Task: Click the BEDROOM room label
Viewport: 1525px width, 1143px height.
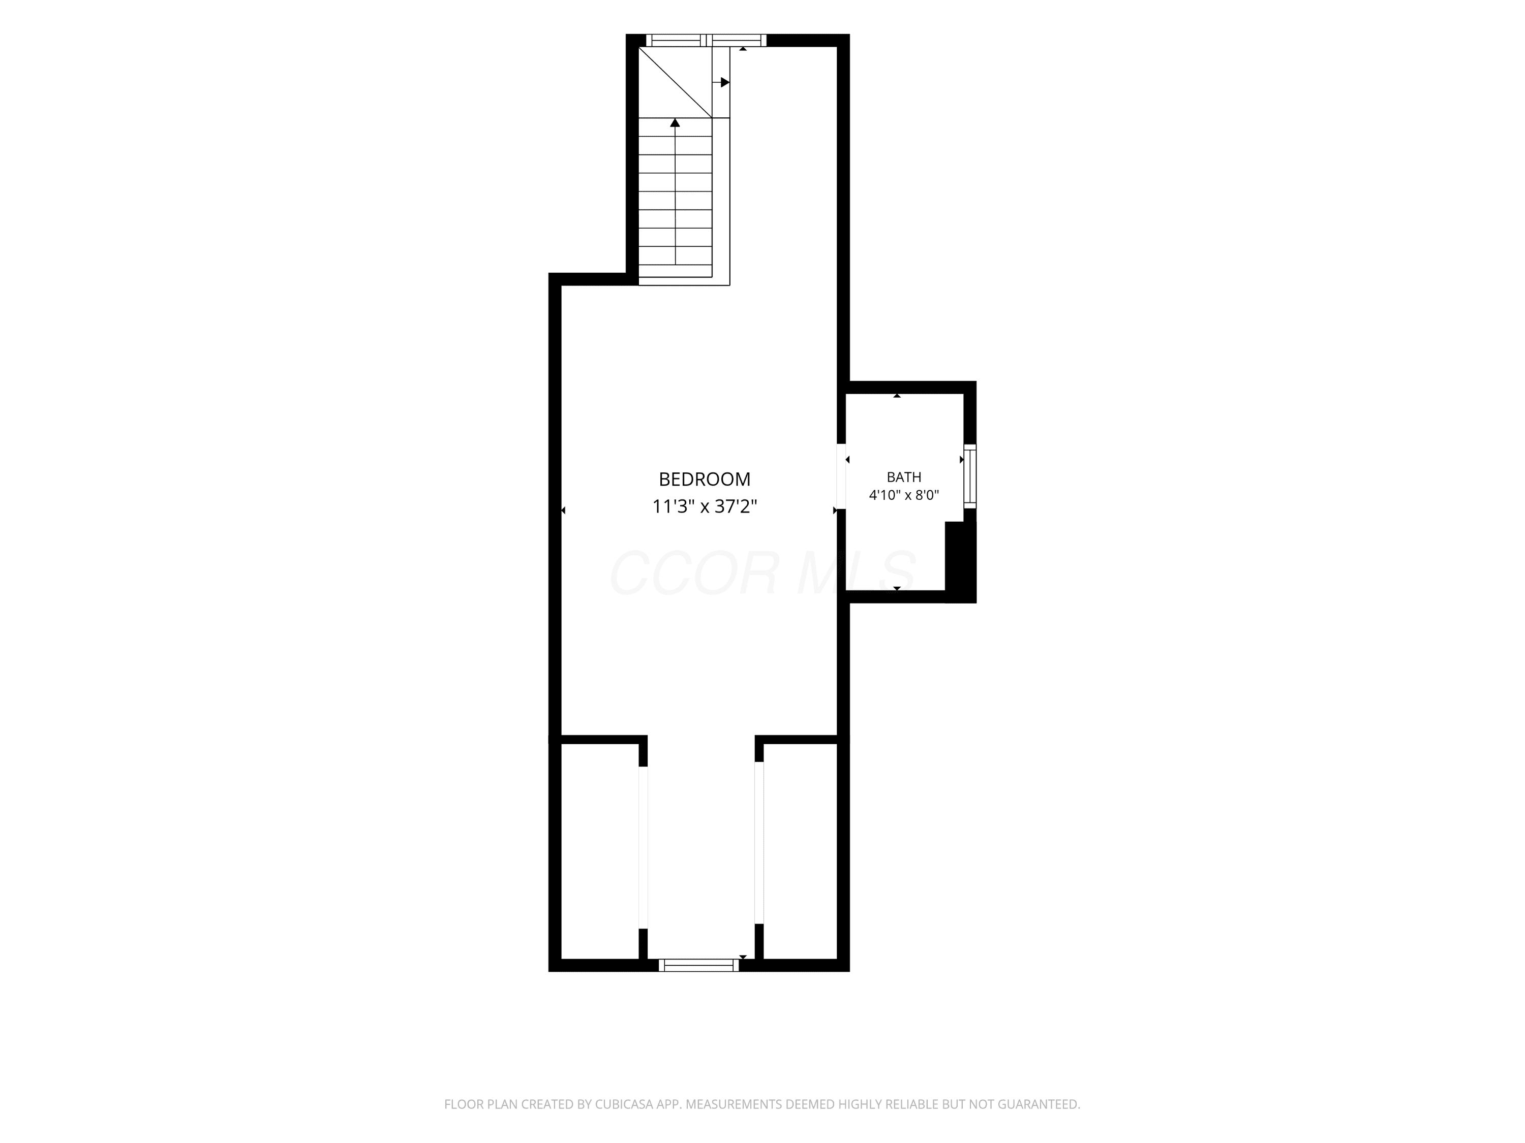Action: (705, 479)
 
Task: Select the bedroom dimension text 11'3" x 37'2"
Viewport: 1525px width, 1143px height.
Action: (705, 507)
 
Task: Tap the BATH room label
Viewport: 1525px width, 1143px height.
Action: (904, 477)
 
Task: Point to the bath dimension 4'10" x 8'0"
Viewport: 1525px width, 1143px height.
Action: (904, 495)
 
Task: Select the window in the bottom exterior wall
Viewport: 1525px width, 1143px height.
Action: (699, 965)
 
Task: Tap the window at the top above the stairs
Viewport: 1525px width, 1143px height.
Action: (706, 40)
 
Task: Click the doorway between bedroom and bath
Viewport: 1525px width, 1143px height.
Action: (841, 476)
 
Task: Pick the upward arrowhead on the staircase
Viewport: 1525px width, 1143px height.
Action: (675, 122)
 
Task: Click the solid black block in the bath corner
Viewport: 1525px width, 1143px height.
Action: (960, 561)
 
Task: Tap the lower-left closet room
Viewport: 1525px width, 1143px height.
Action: (600, 851)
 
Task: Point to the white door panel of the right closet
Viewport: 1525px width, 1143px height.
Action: (759, 842)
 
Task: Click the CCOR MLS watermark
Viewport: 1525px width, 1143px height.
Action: (762, 573)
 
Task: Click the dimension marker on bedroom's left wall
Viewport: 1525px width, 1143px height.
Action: (563, 511)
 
